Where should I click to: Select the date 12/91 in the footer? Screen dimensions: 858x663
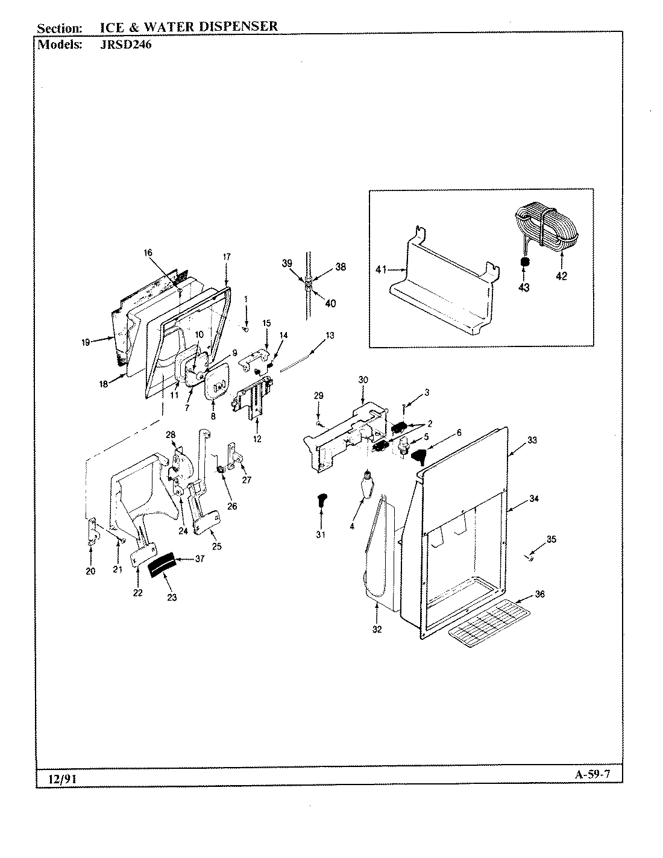pyautogui.click(x=57, y=779)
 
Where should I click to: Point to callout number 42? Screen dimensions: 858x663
pyautogui.click(x=562, y=277)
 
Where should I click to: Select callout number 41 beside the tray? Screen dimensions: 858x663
pyautogui.click(x=380, y=270)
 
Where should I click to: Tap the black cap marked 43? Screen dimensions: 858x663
pyautogui.click(x=524, y=263)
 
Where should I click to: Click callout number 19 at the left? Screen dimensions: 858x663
pyautogui.click(x=86, y=342)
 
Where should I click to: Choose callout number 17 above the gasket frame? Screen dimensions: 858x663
pyautogui.click(x=227, y=257)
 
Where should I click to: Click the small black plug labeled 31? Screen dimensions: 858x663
pyautogui.click(x=321, y=499)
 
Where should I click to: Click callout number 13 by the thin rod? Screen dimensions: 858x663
pyautogui.click(x=330, y=335)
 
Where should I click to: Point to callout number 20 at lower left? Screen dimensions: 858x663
pyautogui.click(x=90, y=571)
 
